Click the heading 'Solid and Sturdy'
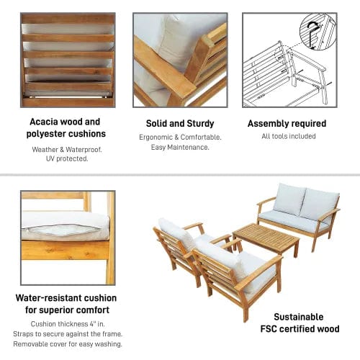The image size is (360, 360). point(179,123)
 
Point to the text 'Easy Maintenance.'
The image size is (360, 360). point(179,147)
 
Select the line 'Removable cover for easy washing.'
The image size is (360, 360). point(67,343)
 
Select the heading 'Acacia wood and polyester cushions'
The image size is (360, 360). point(67,127)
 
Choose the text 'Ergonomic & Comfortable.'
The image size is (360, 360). point(179,137)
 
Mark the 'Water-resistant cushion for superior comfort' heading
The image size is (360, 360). point(67,303)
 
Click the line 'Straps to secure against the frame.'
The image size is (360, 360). point(67,333)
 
